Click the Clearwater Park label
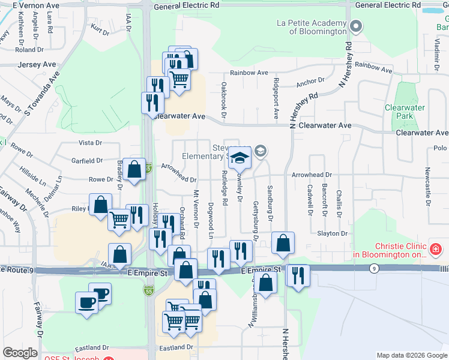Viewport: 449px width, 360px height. click(x=405, y=112)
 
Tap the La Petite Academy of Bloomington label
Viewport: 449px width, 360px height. click(x=312, y=27)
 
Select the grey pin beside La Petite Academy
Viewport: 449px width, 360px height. click(x=356, y=26)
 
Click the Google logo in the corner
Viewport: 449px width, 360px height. click(x=20, y=353)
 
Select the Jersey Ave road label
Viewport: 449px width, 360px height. click(x=37, y=64)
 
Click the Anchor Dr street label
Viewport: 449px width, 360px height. click(x=310, y=79)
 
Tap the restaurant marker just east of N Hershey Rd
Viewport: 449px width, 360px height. click(x=297, y=277)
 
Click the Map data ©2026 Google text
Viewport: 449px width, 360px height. click(x=411, y=355)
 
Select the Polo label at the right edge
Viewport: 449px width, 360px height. click(x=440, y=148)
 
